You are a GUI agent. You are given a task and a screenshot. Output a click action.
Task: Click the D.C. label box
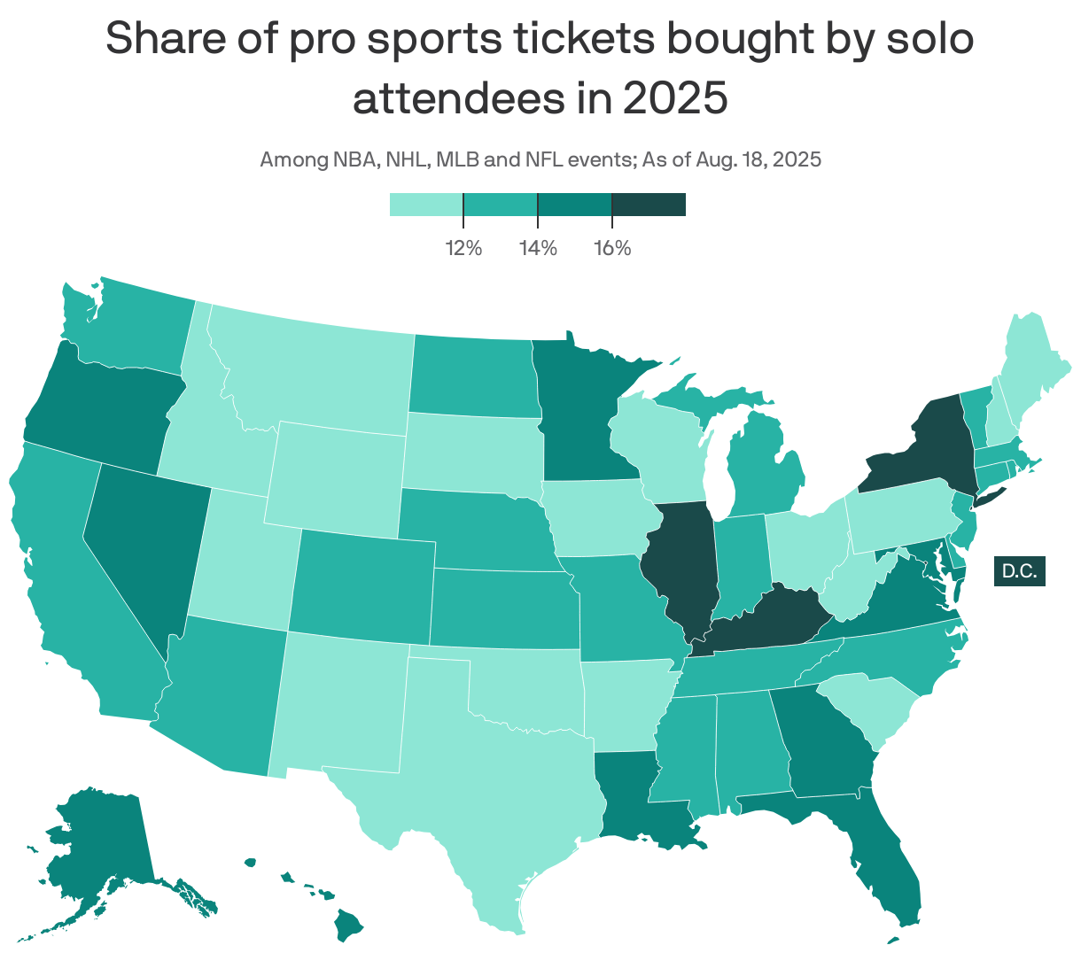pos(1019,571)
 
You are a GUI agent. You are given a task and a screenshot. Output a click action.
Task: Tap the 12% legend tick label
pos(463,248)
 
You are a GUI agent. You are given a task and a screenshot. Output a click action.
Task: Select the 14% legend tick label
pos(538,248)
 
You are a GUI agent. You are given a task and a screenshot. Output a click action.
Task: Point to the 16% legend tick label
pos(612,248)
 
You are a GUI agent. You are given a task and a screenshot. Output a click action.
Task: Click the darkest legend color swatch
pos(649,205)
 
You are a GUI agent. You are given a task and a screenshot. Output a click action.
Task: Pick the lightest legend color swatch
pos(426,205)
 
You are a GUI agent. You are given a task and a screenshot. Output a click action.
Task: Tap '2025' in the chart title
pos(674,98)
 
